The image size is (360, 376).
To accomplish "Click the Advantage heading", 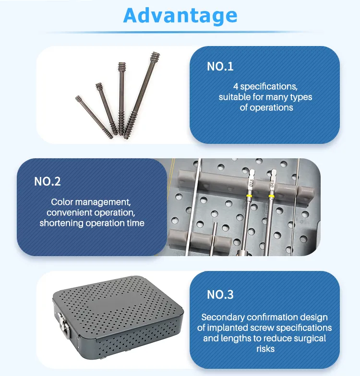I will (180, 16).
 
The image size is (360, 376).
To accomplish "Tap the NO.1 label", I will (220, 67).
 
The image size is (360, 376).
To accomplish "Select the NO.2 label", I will (48, 182).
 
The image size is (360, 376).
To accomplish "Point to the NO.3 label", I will (220, 294).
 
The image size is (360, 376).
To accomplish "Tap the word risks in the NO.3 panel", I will (265, 348).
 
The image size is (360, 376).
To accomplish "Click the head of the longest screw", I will (155, 57).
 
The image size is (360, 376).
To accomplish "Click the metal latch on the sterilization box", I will (62, 318).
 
